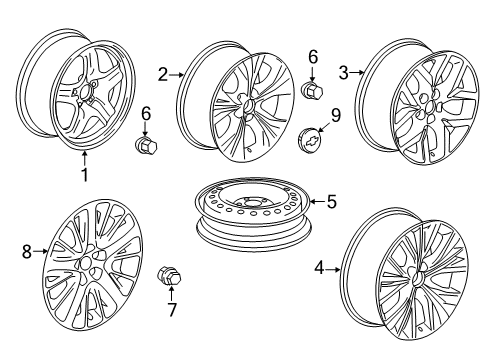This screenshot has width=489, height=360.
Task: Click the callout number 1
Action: (x=85, y=176)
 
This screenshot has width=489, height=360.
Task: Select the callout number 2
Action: (x=162, y=73)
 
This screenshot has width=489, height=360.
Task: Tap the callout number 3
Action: (x=343, y=71)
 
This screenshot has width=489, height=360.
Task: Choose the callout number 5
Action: (x=331, y=201)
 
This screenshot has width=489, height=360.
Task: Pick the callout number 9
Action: (x=336, y=115)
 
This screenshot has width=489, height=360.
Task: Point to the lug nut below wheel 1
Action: (x=146, y=146)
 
